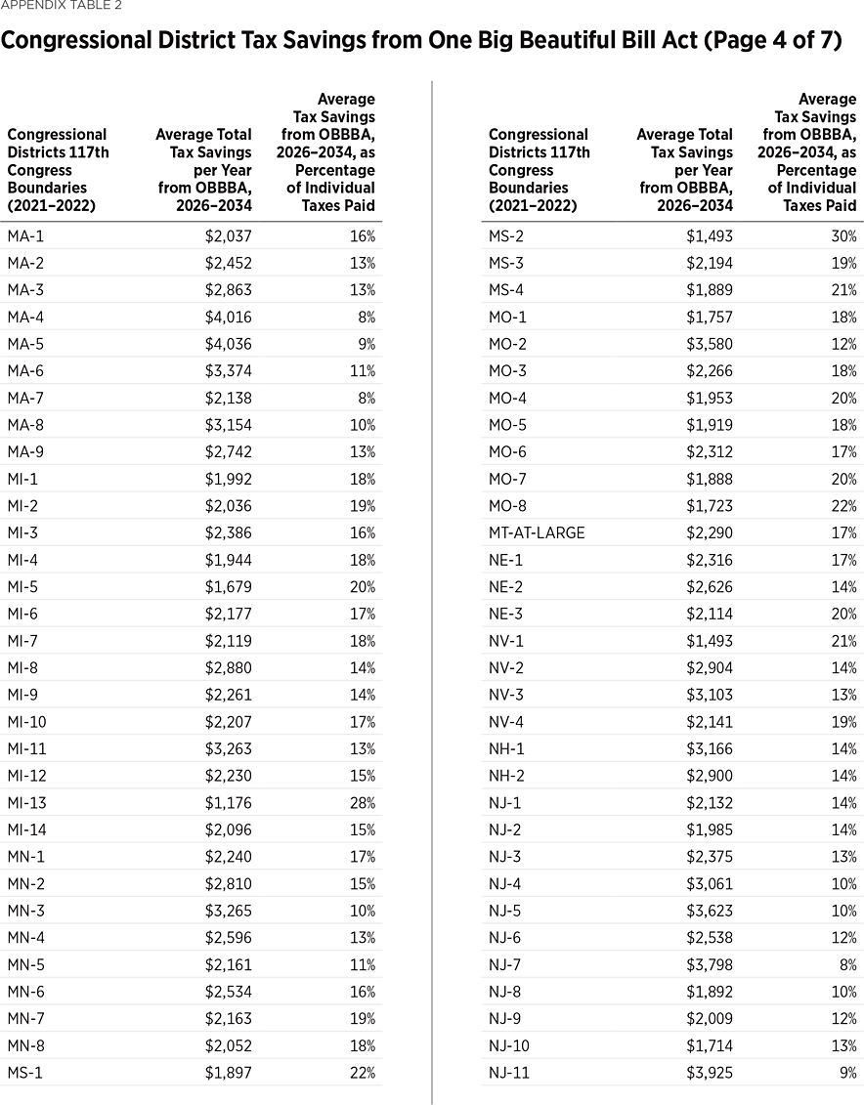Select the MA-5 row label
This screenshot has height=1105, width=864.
pos(25,344)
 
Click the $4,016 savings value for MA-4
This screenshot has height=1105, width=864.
pos(227,317)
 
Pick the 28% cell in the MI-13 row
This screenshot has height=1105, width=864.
pos(364,803)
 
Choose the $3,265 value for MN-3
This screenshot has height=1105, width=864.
pos(227,911)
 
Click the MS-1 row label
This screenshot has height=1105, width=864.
pos(25,1073)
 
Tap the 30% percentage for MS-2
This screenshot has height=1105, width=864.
pos(844,235)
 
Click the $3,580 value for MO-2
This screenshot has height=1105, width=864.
pos(708,344)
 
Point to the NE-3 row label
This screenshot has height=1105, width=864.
pos(506,614)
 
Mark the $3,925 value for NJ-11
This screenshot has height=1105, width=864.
pos(708,1073)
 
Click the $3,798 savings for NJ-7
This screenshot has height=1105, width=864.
pos(708,964)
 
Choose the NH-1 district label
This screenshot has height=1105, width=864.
pos(506,748)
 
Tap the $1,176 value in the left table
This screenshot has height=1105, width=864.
pos(227,803)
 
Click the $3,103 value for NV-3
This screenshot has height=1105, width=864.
pos(708,695)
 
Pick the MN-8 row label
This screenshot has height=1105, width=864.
pos(26,1045)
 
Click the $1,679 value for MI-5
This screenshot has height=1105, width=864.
pos(227,586)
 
